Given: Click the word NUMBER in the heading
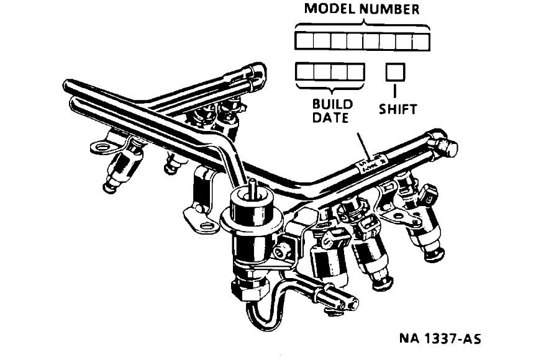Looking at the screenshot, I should [x=391, y=9].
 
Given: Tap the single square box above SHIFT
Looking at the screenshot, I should [x=395, y=72].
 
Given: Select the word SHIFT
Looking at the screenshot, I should [x=397, y=110].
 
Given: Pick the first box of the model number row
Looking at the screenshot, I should [x=304, y=42].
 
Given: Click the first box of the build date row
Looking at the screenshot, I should [x=304, y=72].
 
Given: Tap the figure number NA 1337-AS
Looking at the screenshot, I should [x=440, y=340].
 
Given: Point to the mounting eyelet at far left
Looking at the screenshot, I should [x=100, y=148].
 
